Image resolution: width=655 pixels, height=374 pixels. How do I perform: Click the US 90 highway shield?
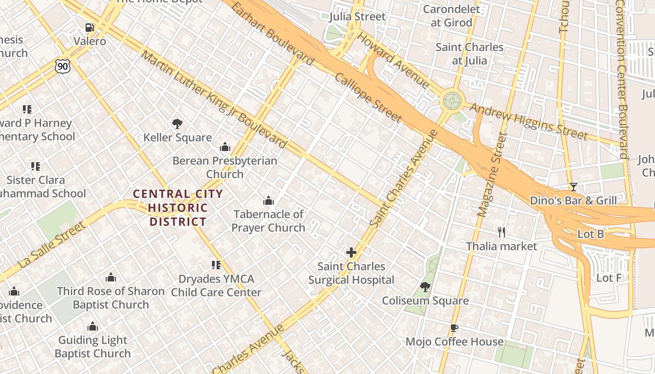point(62,66)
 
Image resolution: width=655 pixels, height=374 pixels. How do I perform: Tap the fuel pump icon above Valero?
point(89,28)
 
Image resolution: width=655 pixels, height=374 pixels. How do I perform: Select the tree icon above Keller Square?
point(177,124)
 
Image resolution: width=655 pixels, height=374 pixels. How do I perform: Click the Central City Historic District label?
point(178,208)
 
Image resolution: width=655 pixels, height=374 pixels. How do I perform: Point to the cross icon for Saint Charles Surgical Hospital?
point(351,253)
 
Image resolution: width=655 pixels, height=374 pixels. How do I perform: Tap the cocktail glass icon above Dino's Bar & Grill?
point(573,187)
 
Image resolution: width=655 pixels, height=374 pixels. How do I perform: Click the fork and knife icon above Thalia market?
point(501,232)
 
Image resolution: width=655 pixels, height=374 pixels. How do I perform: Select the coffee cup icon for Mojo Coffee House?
point(453,328)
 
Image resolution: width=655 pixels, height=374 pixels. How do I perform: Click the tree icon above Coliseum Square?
point(425,287)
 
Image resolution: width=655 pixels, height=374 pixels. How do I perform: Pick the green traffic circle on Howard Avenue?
point(452,100)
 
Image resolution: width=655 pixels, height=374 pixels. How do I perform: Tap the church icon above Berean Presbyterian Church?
point(225,147)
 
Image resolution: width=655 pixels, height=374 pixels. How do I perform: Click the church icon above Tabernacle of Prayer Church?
point(269,201)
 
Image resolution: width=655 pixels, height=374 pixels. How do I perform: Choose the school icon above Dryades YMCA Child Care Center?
point(216,265)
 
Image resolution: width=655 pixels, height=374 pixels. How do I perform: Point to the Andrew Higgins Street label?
point(528,121)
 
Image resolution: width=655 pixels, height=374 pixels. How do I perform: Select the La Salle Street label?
point(52,245)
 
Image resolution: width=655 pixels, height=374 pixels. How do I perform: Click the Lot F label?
point(608,278)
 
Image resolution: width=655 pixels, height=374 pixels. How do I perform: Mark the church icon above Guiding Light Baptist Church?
point(93,326)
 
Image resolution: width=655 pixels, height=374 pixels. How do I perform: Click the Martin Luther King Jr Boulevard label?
point(213,100)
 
